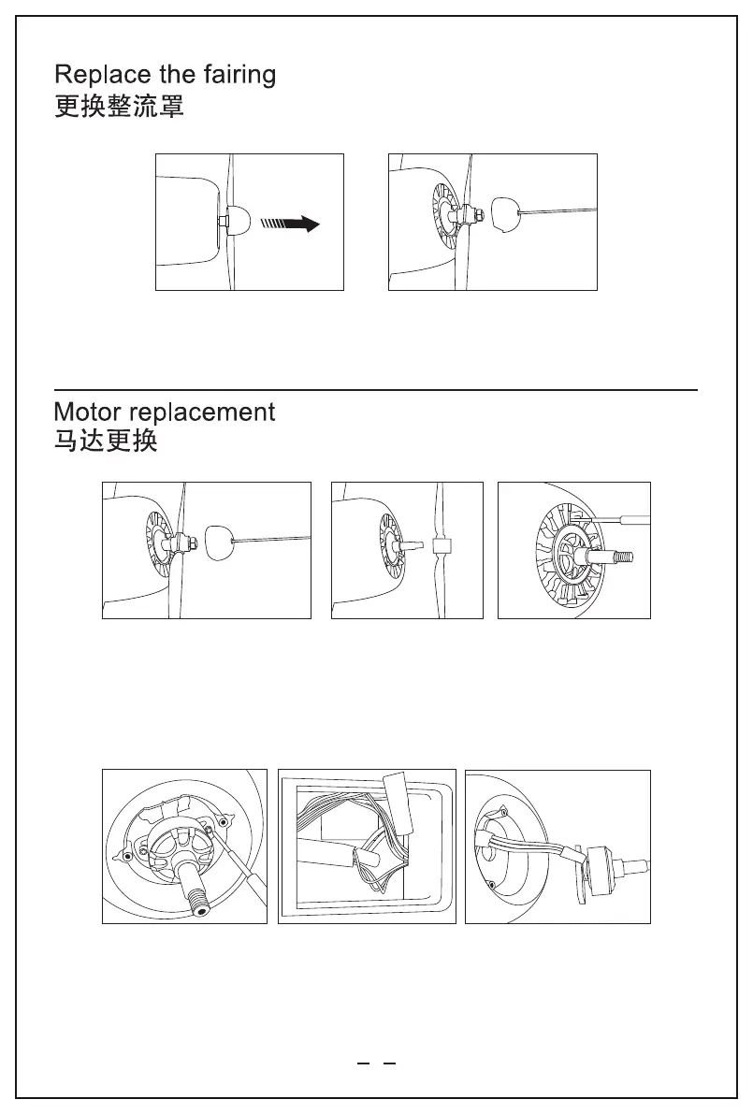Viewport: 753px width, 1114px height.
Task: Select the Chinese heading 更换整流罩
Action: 119,107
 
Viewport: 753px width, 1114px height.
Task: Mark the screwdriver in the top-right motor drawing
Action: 613,517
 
